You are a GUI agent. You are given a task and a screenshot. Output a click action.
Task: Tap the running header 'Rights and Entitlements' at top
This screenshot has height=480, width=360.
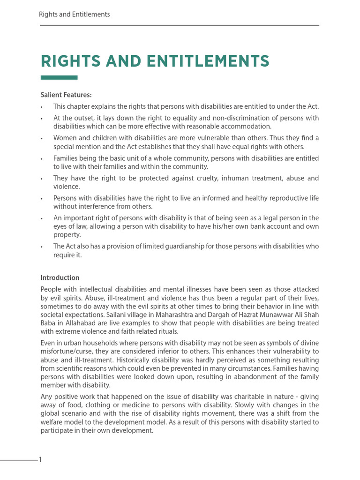click(75, 15)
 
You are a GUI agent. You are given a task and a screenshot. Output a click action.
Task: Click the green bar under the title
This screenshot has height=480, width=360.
click(59, 78)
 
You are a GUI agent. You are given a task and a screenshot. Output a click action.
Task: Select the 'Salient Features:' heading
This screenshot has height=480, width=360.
click(66, 95)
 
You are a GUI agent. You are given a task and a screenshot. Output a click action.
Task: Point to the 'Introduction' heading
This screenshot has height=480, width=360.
click(60, 277)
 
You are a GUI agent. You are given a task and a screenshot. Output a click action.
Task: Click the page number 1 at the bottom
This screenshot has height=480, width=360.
click(40, 460)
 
